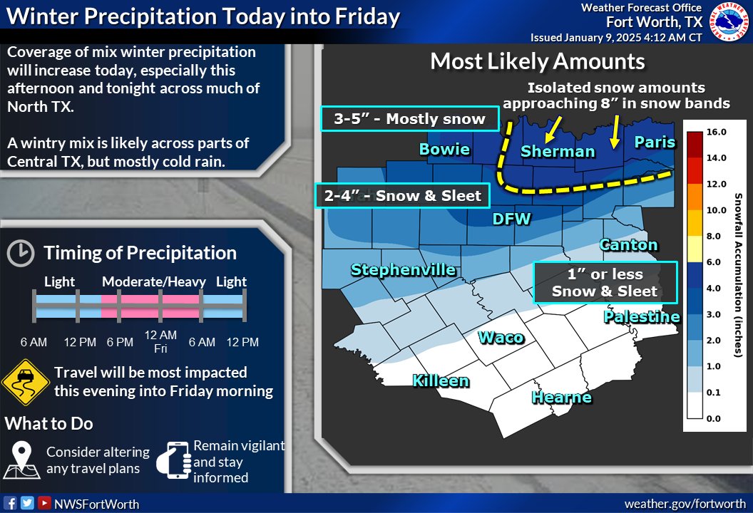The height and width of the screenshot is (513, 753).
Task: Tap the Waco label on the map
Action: (501, 338)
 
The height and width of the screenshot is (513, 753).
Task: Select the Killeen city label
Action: (441, 380)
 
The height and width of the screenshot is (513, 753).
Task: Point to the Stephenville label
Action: (403, 269)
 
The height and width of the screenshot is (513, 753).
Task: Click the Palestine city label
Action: (641, 316)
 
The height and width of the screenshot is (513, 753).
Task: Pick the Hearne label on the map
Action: (562, 397)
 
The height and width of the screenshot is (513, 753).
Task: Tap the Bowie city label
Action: (444, 149)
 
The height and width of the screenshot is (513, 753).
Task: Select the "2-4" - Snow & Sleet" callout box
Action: (402, 196)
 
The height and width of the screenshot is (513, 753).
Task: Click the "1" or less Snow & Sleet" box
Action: (605, 282)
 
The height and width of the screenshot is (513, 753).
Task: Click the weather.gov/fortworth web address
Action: (685, 504)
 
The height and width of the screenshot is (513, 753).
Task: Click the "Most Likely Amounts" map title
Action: (538, 61)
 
